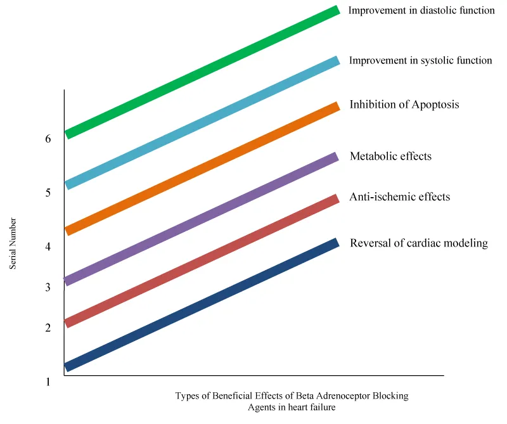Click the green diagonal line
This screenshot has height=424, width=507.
pos(203,72)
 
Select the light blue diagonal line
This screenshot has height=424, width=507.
pos(203,123)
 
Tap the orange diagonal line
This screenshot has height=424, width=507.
pos(203,169)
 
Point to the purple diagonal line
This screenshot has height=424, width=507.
pos(203,219)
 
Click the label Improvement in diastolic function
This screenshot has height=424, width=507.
pos(421,10)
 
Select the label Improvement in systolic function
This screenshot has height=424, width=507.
pos(420,61)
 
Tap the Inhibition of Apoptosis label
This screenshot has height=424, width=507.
pos(404,105)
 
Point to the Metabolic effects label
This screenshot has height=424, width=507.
pos(390,156)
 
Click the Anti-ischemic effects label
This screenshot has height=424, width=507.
pos(400,197)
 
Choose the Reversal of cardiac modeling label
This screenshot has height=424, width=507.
pos(419,243)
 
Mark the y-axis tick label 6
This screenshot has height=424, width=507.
pos(48,138)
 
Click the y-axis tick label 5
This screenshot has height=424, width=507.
pos(48,192)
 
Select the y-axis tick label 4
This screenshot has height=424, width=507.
pos(48,246)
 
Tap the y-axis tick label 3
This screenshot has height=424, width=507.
pos(48,287)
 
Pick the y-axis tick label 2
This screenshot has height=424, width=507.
pos(48,328)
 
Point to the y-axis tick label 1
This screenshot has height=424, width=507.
pos(48,382)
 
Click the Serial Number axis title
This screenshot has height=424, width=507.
pos(13,244)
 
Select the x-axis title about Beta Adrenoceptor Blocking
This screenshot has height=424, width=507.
pos(292,401)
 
